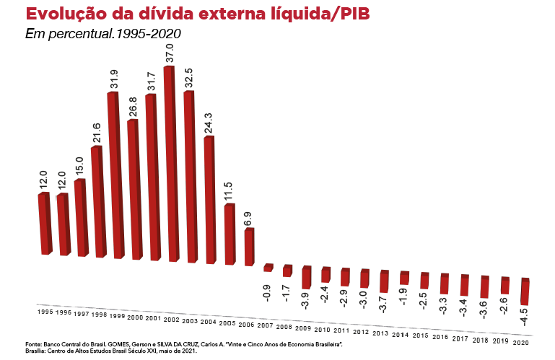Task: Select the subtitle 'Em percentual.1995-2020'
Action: [102, 34]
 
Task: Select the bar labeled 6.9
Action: [249, 246]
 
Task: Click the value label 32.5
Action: [190, 79]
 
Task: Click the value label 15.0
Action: [79, 165]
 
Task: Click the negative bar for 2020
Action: [525, 291]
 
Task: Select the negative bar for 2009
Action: [306, 276]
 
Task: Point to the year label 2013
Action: [380, 333]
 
